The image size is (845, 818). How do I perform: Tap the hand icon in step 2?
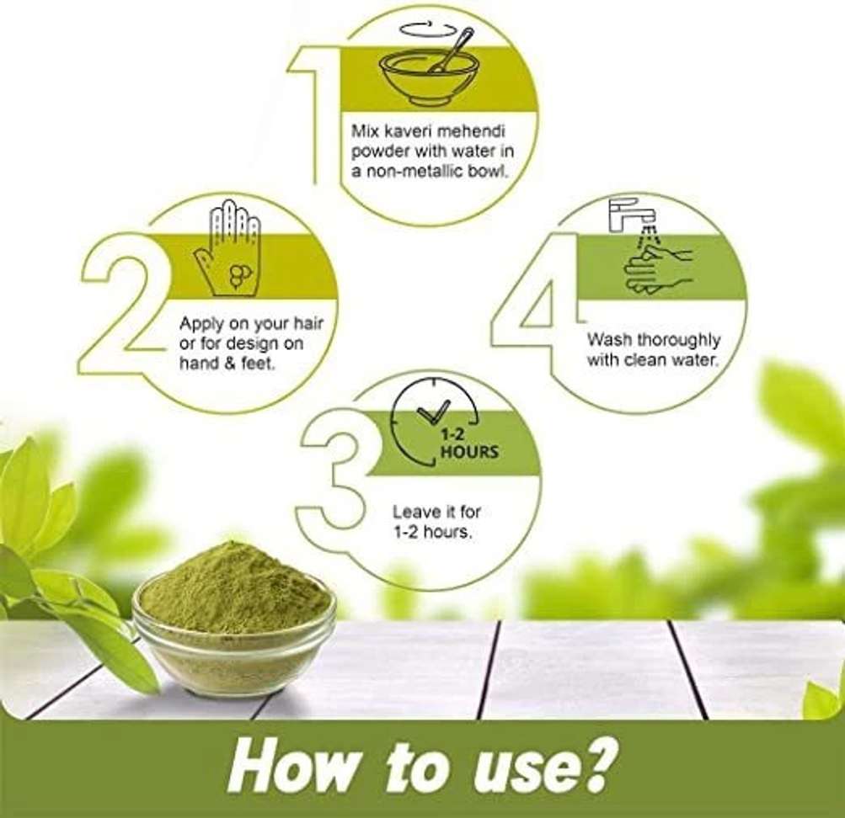tap(227, 249)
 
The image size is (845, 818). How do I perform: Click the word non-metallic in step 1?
tap(422, 173)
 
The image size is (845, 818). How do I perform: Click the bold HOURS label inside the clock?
tap(469, 452)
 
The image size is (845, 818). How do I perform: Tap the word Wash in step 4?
tap(609, 340)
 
